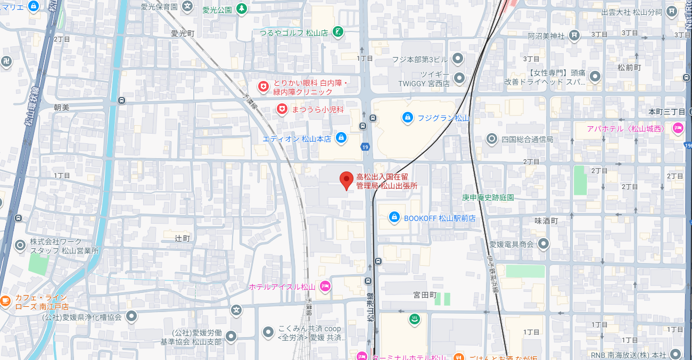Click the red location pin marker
coord(347,181)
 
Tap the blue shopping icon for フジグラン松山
coord(407,117)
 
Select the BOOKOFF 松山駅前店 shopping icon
coord(394,217)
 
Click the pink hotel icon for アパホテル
coord(678,128)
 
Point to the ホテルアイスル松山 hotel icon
coord(325,287)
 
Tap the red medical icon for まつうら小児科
coord(282,109)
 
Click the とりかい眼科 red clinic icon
coord(263,86)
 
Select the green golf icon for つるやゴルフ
coord(337,32)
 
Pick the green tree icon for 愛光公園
coord(242,9)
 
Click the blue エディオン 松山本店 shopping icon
coord(341,138)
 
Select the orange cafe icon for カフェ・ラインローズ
coord(5,301)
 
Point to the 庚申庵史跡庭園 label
coord(488,198)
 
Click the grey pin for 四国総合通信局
coord(492,139)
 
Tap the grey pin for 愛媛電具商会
coord(543,244)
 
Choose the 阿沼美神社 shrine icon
coord(574,36)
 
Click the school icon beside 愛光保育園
coord(187,6)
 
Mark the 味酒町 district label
coord(546,220)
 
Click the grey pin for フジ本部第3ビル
coord(457,59)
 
